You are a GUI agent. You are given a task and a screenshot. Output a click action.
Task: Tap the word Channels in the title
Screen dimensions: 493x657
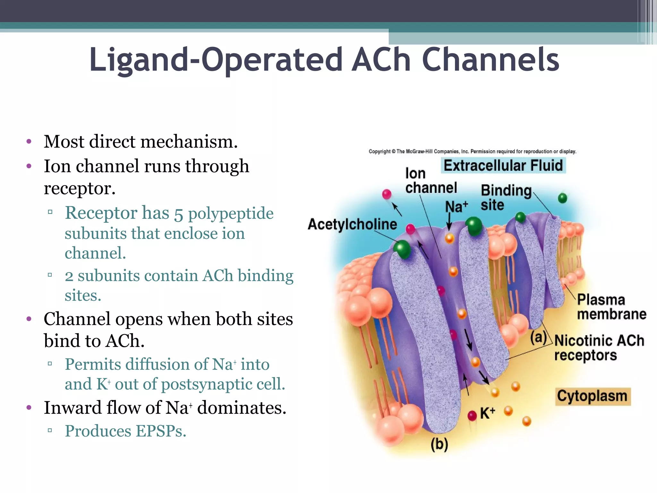pos(491,60)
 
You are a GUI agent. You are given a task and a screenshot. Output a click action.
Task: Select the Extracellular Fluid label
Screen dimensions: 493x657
pos(503,166)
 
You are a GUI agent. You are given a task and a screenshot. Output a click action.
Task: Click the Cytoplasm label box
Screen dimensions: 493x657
pos(592,396)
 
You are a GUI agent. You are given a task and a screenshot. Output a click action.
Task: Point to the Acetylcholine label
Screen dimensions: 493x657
pos(352,224)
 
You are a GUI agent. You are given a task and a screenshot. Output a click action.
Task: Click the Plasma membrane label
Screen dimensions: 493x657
pos(611,307)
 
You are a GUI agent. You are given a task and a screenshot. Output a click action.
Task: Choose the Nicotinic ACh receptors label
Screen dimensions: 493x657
pos(599,348)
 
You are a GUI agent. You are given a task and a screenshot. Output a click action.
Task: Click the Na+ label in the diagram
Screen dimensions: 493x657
pos(456,206)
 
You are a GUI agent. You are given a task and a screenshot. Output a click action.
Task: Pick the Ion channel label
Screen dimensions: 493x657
pos(430,181)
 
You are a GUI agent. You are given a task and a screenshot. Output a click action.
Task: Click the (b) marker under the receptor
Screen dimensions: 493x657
pos(439,445)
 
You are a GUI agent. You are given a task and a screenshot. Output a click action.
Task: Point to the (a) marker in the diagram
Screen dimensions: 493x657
pos(538,337)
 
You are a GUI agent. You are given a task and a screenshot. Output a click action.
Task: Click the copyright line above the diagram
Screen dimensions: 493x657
pos(472,151)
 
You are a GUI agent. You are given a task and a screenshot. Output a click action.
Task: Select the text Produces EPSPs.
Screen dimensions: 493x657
pos(125,431)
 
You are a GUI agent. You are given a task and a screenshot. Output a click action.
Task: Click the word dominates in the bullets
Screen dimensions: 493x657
pos(241,408)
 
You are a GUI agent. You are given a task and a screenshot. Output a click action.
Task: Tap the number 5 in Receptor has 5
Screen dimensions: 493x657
pos(178,214)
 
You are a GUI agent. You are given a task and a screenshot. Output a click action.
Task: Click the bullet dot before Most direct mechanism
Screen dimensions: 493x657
pos(29,142)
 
